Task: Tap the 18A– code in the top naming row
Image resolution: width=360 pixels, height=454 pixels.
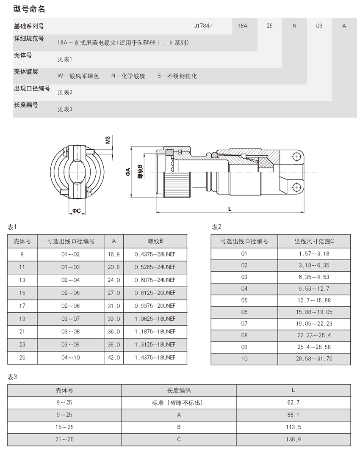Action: click(x=244, y=26)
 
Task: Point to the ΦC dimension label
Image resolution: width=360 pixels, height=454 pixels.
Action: click(x=77, y=210)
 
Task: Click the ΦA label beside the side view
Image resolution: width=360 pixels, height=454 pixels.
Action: click(x=127, y=172)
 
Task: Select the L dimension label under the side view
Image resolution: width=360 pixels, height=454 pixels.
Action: click(x=229, y=209)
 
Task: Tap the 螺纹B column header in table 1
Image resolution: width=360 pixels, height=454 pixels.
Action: click(x=155, y=242)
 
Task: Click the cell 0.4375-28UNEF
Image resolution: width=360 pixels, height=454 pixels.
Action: click(x=155, y=255)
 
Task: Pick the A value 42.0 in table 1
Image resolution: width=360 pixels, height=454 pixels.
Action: click(x=114, y=358)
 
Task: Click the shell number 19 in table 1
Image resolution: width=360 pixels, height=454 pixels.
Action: click(x=22, y=319)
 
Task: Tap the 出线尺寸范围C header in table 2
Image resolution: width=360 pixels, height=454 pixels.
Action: click(x=314, y=242)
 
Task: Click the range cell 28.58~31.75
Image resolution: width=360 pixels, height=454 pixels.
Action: click(x=314, y=358)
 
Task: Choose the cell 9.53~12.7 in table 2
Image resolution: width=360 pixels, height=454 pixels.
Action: click(x=314, y=289)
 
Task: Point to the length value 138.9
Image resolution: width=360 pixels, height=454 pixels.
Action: click(x=294, y=440)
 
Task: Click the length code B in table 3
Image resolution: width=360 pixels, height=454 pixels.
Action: click(x=179, y=427)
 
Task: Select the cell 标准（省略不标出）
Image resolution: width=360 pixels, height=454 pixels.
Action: click(x=179, y=403)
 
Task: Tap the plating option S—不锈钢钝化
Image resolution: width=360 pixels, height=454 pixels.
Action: click(x=177, y=76)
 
